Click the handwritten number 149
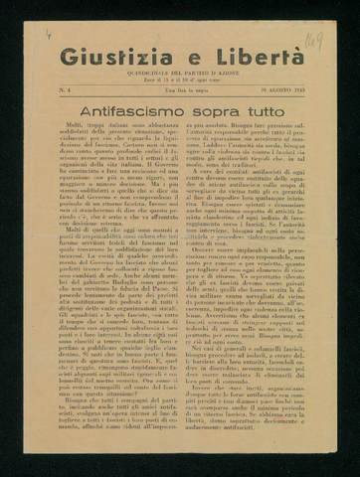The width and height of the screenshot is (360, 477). (x=313, y=41)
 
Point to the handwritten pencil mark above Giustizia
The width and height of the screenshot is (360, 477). (x=48, y=34)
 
